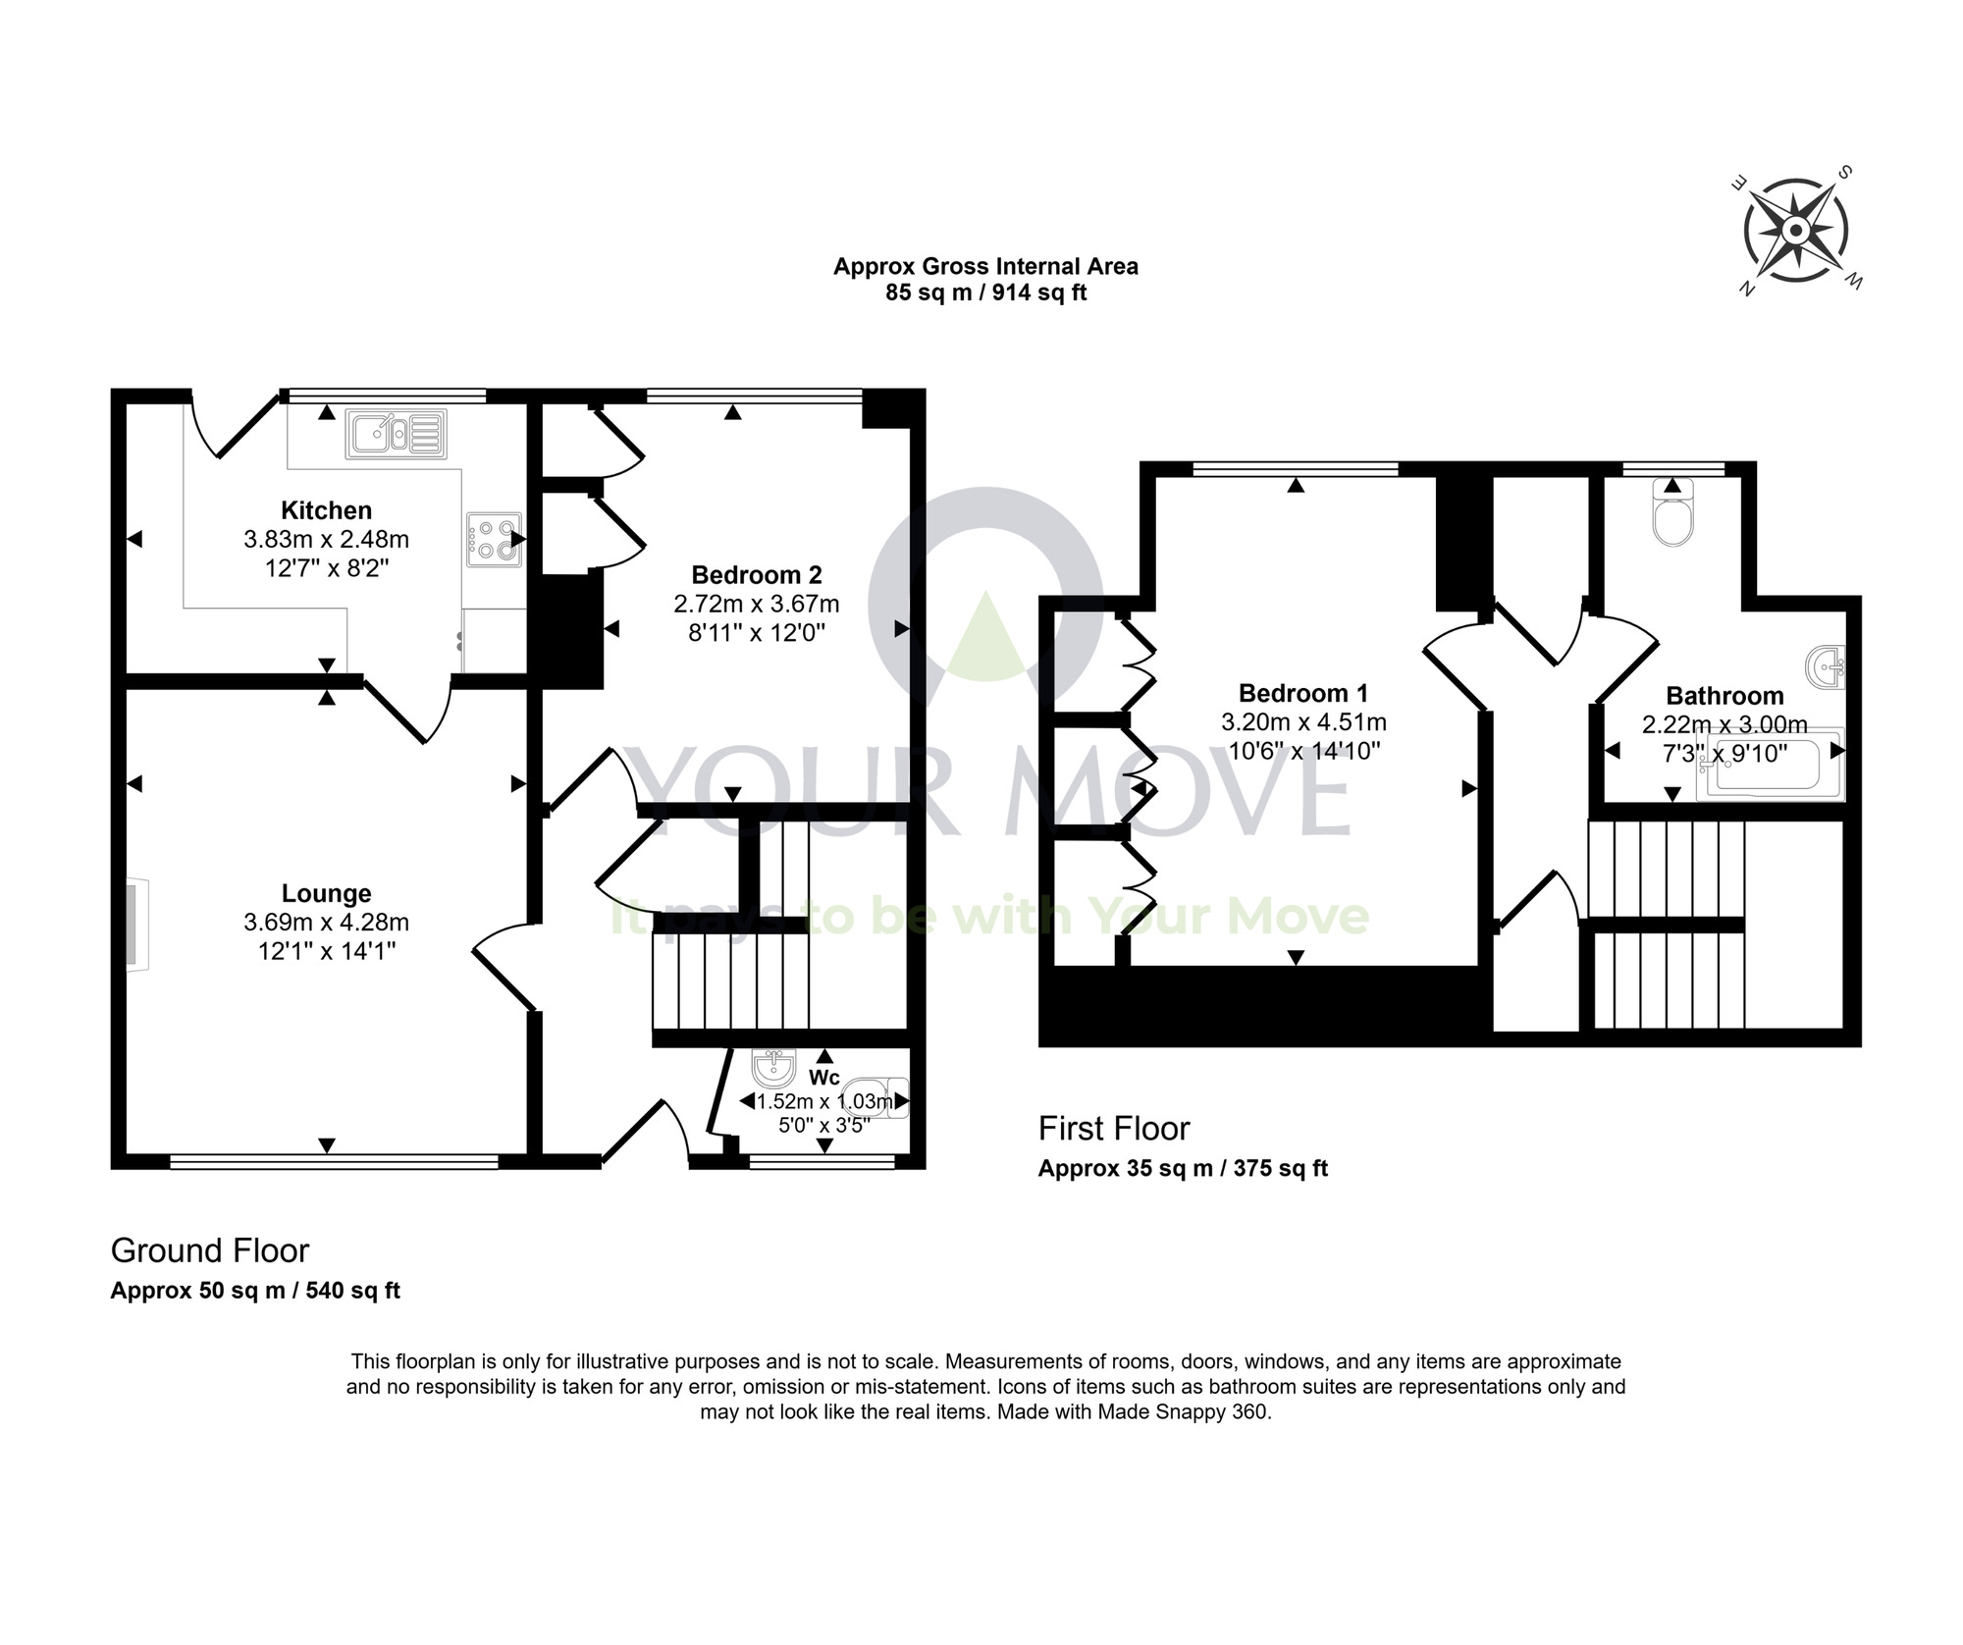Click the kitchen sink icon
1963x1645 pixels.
(x=396, y=434)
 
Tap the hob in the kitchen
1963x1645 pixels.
(x=494, y=540)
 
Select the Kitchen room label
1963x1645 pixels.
(x=326, y=510)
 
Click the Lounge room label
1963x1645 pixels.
(x=326, y=893)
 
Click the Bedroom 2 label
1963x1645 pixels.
(x=756, y=575)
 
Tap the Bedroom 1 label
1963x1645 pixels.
(x=1302, y=694)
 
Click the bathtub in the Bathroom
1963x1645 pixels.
(x=1771, y=766)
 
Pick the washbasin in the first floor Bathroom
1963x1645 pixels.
(x=1827, y=667)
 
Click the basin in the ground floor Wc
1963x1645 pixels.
(x=772, y=1069)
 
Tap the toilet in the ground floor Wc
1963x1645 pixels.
(x=881, y=1098)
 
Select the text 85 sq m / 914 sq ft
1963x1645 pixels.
(x=985, y=292)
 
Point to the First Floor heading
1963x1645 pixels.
(x=1114, y=1129)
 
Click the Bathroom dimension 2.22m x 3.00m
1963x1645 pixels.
(x=1724, y=725)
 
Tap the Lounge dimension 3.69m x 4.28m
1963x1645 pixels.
(x=326, y=923)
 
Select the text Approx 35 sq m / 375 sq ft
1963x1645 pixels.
(x=1183, y=1169)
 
